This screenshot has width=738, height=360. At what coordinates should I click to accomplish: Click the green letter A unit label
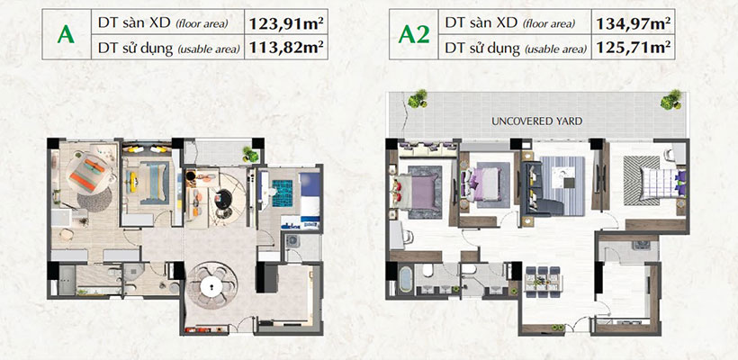[66, 34]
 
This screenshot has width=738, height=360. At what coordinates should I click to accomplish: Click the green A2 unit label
[413, 34]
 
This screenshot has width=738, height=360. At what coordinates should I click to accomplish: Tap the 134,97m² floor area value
[633, 22]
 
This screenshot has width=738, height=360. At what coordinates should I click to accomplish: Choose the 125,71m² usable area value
[633, 47]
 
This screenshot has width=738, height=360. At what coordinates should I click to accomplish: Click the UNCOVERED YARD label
[536, 121]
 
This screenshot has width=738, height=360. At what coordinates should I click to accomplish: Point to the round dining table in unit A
[211, 286]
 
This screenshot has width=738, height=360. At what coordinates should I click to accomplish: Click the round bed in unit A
[89, 174]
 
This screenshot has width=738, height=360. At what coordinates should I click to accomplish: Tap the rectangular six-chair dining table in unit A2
[542, 282]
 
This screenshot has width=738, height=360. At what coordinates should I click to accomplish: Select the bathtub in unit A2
[406, 280]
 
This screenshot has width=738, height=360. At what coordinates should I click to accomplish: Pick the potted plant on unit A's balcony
[250, 154]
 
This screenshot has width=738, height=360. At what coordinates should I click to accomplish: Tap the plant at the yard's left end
[417, 99]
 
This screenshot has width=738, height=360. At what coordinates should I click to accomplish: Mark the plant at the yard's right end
[670, 100]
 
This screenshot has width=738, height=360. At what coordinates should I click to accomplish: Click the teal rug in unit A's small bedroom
[282, 193]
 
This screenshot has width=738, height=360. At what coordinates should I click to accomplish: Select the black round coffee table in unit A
[223, 198]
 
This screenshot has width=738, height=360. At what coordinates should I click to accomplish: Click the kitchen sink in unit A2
[642, 245]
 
